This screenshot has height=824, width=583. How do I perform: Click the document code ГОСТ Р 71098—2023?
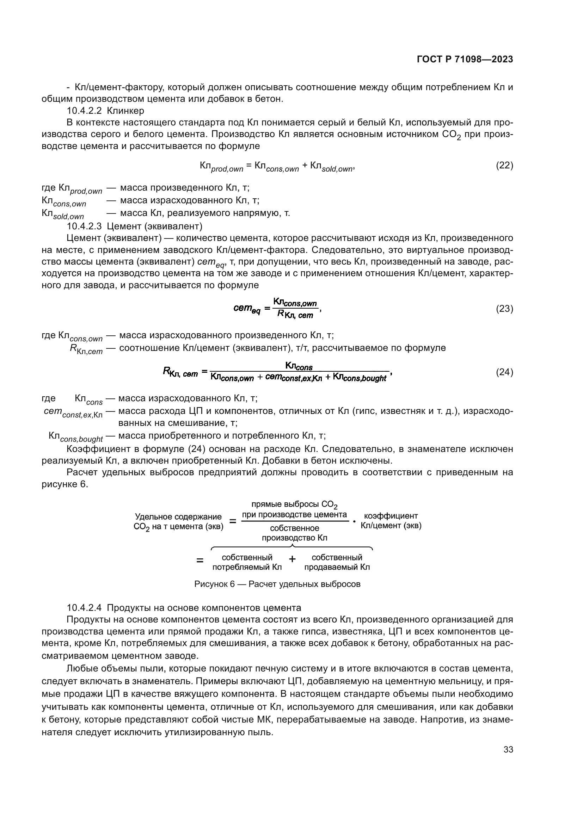465,60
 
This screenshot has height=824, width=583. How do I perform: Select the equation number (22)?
504,166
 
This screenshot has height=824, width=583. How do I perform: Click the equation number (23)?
504,309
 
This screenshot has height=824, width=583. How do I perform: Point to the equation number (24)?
504,372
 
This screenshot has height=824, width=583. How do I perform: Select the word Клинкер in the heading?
125,111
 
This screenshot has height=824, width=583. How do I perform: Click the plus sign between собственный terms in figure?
293,559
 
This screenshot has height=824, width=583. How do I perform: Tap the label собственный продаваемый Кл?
337,562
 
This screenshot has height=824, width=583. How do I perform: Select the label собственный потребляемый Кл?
247,562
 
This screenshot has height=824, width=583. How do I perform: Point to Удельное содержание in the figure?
178,516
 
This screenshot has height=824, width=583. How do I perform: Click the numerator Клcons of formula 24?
299,366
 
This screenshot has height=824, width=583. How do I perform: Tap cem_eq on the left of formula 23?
247,309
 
